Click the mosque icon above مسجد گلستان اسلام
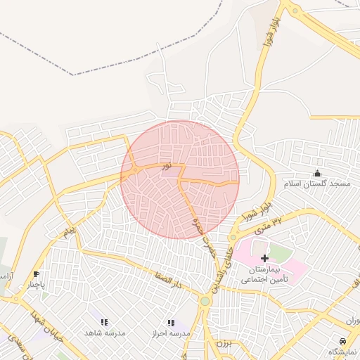coord(317,174)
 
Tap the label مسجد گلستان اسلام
coord(317,184)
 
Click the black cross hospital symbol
coord(264,259)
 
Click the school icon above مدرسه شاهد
coord(104,322)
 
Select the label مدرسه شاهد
coord(104,333)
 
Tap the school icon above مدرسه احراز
coord(171,323)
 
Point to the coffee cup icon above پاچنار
coord(36,275)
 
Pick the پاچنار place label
coord(36,285)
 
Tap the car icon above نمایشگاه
coord(342,340)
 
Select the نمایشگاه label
coord(342,351)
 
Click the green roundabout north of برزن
coord(205,301)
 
